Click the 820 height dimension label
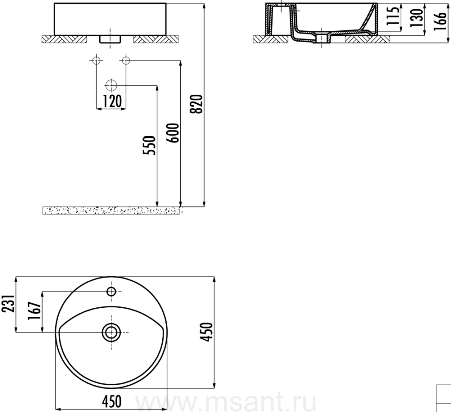(x=198, y=104)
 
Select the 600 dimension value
(x=173, y=133)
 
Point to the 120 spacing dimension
(x=112, y=101)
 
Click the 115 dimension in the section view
(x=393, y=16)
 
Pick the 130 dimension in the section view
(x=416, y=18)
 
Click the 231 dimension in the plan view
(x=8, y=304)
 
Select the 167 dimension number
(x=34, y=311)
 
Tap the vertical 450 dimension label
(x=207, y=332)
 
